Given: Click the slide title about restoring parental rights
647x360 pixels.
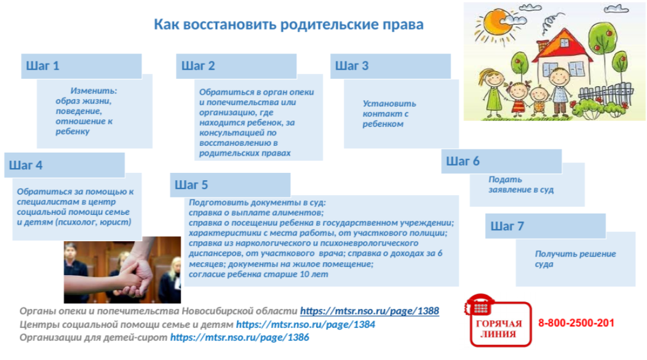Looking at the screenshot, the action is pos(288,25).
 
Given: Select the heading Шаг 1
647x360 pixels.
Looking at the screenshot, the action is pos(42,66).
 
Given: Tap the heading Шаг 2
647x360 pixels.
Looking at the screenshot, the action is pos(198,66).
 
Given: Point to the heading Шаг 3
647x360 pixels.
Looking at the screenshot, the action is pos(352,66).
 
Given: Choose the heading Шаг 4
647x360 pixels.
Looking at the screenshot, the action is pos(26,165).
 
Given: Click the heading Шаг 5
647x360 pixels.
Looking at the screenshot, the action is pos(191,185).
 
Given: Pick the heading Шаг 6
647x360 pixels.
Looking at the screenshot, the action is pos(462,161).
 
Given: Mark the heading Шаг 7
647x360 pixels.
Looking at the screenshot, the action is pos(507,226).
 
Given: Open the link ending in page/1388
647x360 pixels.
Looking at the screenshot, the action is pos(369,311).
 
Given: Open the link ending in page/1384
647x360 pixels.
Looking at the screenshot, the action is pos(305,324).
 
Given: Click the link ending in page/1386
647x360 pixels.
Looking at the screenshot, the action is pos(239,337).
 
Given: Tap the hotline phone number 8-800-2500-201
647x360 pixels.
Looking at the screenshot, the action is pos(576,323).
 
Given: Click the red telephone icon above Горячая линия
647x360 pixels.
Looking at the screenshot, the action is pos(480,305).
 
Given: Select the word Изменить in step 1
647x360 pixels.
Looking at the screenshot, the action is pos(93,91).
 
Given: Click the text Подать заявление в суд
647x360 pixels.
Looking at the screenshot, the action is pos(521,185).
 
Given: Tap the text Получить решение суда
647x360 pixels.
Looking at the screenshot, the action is pos(576,259).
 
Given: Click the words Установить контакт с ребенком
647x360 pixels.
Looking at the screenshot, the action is pos(389,113).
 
